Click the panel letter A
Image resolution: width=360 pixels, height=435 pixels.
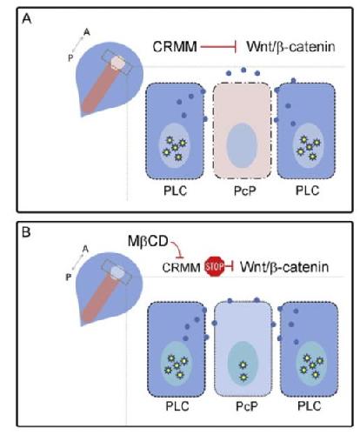(x=27, y=19)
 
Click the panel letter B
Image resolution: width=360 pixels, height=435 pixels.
(x=26, y=232)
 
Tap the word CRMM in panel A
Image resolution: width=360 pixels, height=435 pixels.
(x=175, y=47)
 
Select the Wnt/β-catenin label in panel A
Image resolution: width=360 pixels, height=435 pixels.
(x=290, y=47)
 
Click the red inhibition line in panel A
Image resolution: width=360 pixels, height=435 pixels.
(x=219, y=47)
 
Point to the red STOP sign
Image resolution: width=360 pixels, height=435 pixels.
(x=214, y=266)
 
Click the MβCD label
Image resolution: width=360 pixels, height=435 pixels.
(x=148, y=241)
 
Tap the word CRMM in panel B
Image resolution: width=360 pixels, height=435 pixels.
(x=181, y=267)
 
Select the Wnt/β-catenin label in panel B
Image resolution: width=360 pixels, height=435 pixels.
(x=284, y=267)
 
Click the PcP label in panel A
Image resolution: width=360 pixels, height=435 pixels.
(x=245, y=191)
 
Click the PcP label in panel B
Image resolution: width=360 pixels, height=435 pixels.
(x=247, y=406)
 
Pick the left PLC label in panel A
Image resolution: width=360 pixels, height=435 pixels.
(x=176, y=191)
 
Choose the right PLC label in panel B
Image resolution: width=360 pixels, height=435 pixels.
(x=310, y=406)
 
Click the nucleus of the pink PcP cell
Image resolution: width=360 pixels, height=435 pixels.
(x=242, y=145)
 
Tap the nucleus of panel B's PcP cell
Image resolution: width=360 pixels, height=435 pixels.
(x=243, y=364)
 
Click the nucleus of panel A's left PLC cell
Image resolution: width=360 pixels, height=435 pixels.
(x=175, y=145)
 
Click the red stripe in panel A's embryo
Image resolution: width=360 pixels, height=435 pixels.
(x=101, y=88)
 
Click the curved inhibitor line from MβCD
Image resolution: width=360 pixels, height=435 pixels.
(x=177, y=249)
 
